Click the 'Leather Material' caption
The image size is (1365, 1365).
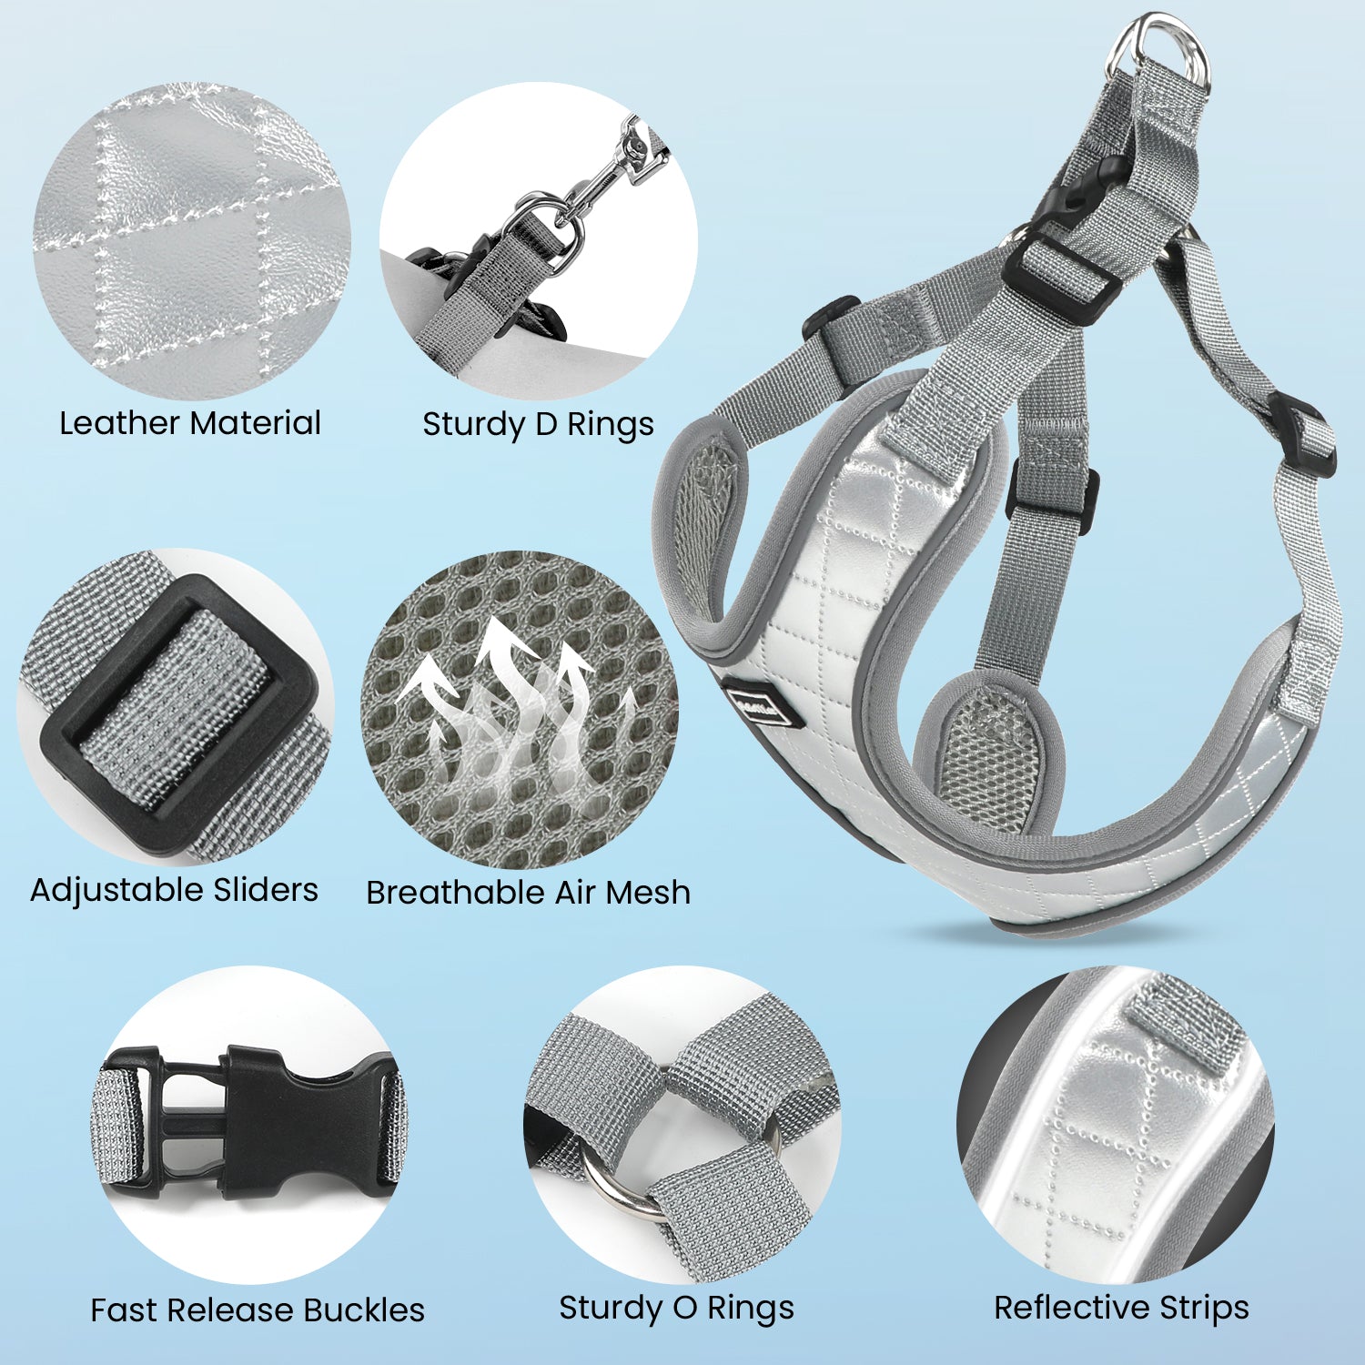(190, 423)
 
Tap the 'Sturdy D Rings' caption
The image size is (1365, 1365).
(538, 425)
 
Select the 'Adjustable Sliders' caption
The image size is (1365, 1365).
(174, 890)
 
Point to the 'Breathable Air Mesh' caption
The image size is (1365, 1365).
(528, 893)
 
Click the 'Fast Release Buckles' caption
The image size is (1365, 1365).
(258, 1310)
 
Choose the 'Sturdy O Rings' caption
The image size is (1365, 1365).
(676, 1309)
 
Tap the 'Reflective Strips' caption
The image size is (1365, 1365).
(1121, 1308)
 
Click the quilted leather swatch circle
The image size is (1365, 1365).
(192, 241)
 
